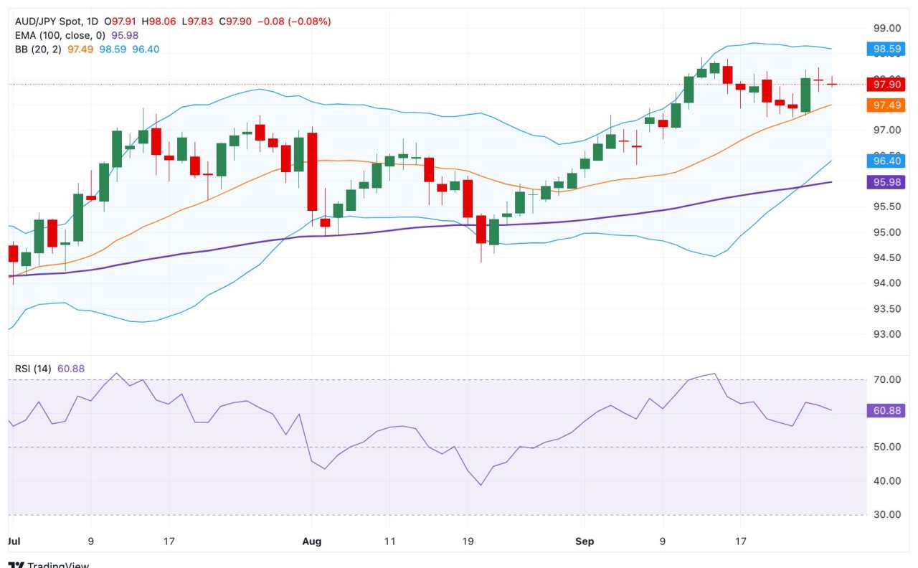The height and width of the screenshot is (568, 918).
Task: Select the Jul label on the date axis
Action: coord(13,542)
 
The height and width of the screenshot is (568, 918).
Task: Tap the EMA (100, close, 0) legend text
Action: coord(60,34)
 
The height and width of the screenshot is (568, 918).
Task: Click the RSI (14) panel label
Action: coord(33,369)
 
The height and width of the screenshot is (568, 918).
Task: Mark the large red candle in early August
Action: coord(312,171)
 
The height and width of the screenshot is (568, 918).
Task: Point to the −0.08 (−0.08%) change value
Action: coord(301,22)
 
